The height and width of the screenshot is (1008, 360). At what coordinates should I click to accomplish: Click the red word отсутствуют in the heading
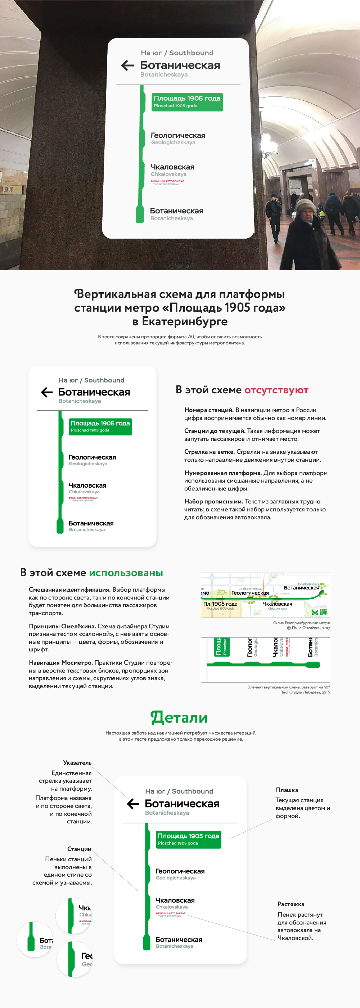coord(276,390)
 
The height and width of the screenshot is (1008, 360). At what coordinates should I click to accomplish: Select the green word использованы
coord(126,573)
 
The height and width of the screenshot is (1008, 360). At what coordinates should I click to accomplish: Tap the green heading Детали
coord(179,717)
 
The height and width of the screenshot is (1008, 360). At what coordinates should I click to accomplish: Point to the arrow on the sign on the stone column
coord(127,65)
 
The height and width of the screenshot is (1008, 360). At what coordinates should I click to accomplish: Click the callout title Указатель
coord(77,763)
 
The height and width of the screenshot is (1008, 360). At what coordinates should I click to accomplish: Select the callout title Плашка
coord(287,790)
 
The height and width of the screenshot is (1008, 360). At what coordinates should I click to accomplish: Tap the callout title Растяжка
coord(291,904)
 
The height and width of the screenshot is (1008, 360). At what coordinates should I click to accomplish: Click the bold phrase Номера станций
coord(209,410)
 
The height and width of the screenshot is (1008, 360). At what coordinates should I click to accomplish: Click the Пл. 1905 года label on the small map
coord(220,604)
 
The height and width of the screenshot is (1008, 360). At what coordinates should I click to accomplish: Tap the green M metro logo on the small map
coord(315,612)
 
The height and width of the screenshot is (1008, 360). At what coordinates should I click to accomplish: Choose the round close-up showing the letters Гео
coord(75,959)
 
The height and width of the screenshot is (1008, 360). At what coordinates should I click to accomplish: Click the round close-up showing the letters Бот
coord(35,940)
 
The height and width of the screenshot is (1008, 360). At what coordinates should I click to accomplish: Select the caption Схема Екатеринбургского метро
coord(301,623)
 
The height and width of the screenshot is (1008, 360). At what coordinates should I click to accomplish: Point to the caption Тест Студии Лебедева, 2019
coord(305,692)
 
